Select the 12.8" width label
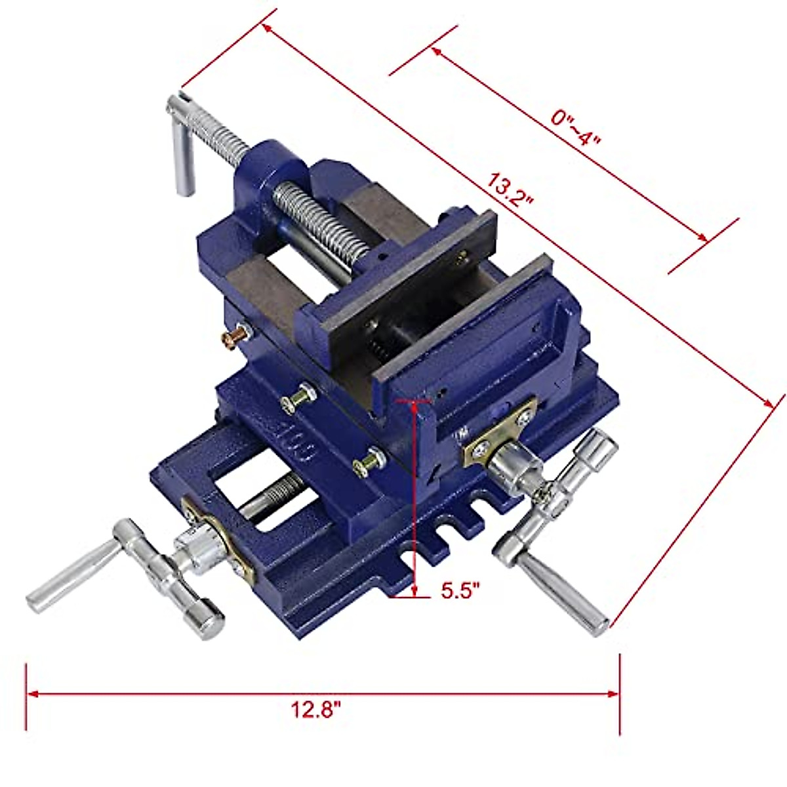click(317, 710)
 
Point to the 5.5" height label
click(460, 590)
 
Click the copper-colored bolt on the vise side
click(235, 337)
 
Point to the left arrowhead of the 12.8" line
click(30, 693)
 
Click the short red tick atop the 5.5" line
click(412, 399)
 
